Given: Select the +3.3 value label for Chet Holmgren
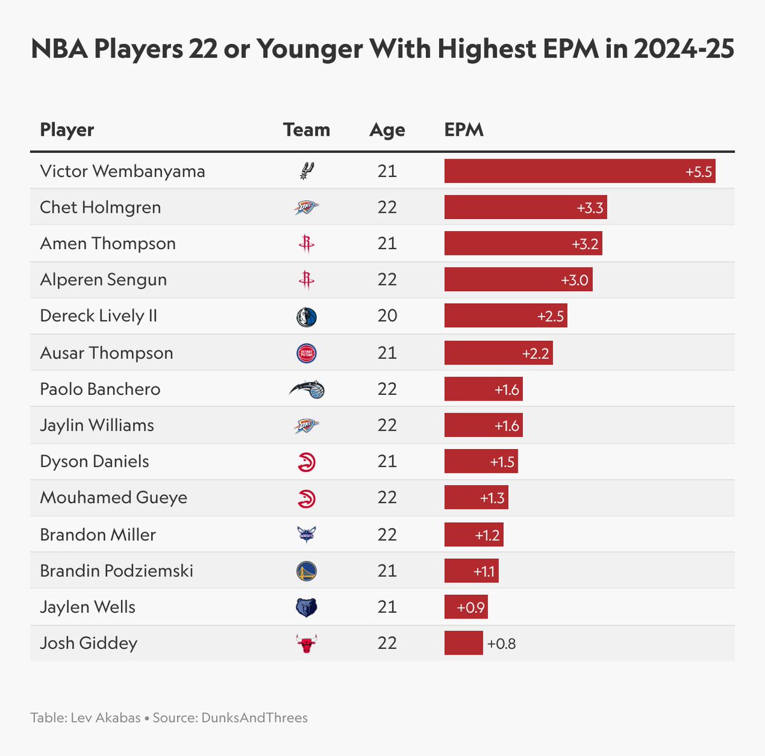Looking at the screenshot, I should point(590,208).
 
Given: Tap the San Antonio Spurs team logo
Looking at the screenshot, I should point(307,171).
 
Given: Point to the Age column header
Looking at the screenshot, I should point(387,130).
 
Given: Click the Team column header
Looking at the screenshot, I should point(307,130).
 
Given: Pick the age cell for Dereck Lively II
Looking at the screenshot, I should point(387,316).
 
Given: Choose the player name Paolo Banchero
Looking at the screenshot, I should point(100,389).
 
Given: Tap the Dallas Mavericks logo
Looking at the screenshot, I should point(307,317).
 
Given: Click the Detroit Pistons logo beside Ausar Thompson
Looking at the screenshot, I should point(307,353).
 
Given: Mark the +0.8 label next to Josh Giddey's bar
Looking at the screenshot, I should point(502,644).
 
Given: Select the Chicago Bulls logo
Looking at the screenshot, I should point(307,643).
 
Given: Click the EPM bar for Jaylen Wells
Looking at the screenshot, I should point(465,608).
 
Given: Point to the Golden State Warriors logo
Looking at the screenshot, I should point(307,571).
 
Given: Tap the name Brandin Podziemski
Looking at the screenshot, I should point(117,571).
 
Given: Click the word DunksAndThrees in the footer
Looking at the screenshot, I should point(254,718).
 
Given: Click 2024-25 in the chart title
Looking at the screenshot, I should point(684,49).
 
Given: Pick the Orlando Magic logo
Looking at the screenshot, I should point(307,389).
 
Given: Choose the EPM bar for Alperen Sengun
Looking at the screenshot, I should point(518,280).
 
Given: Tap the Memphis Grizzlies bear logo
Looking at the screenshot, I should point(307,608).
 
